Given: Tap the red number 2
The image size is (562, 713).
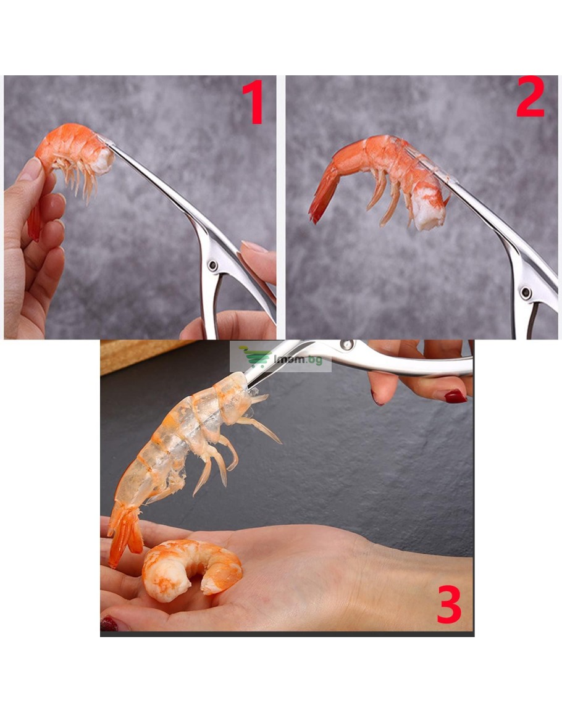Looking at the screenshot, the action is tap(530, 97).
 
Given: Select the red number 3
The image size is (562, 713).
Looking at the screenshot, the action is tap(449, 604).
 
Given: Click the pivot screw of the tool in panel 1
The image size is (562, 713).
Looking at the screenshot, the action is tap(212, 265).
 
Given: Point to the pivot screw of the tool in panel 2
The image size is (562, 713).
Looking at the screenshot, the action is tap(526, 292).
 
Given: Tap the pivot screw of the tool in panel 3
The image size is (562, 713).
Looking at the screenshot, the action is tap(348, 344).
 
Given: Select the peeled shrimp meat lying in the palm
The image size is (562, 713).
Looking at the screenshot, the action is tap(191, 569).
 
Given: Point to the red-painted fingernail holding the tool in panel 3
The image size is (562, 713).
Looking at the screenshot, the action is tap(456, 397).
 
